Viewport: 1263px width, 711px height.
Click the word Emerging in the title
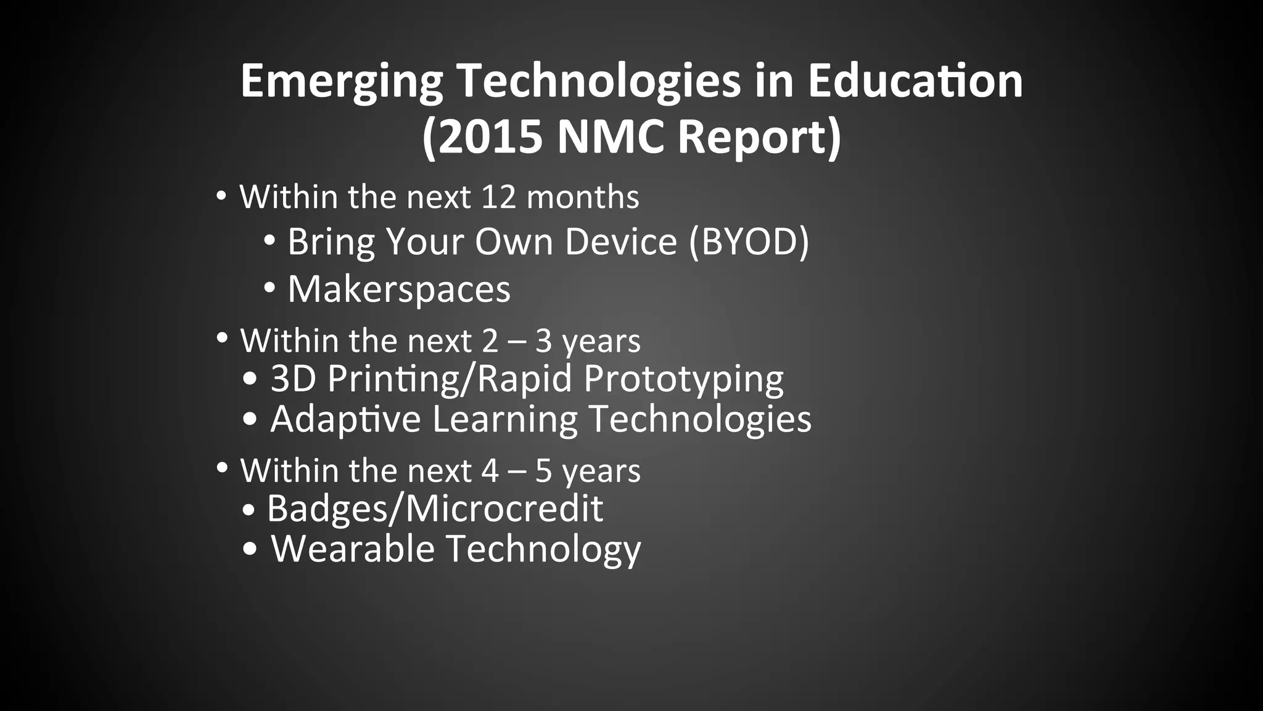[x=341, y=81]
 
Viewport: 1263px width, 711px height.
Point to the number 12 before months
[x=498, y=197]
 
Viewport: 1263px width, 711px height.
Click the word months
[x=583, y=197]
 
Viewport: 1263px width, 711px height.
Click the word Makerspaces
[x=399, y=289]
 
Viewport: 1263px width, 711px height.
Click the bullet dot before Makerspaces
[x=269, y=288]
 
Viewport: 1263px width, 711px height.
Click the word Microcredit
[x=504, y=509]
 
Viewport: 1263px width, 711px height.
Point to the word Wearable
[x=353, y=549]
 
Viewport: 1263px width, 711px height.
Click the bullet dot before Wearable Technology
[x=250, y=549]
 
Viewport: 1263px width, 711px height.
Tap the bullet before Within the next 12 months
[x=221, y=196]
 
